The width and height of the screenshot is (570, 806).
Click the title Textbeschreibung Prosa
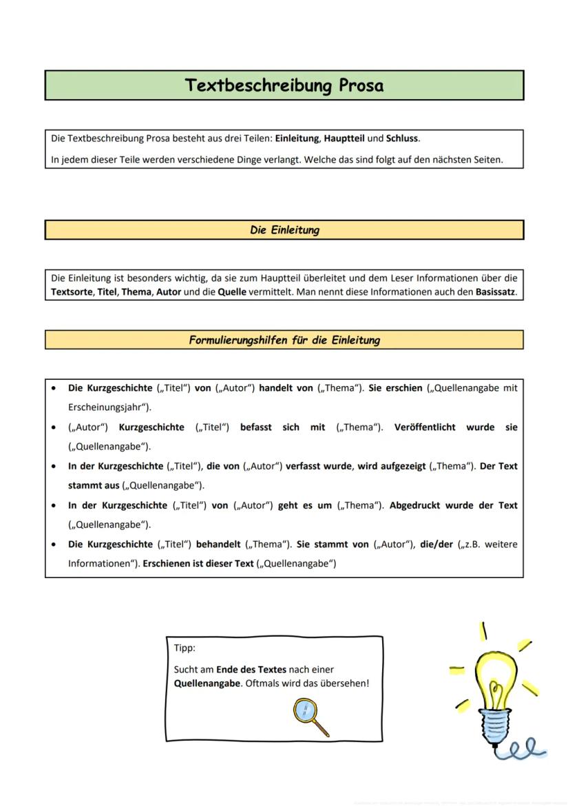pos(284,85)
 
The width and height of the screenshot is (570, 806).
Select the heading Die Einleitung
pos(284,230)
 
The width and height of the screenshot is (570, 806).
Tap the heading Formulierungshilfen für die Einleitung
pos(284,340)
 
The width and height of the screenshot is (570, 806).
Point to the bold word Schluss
pos(402,138)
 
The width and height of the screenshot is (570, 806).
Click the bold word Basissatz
pos(495,292)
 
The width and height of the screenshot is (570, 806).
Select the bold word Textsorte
pos(71,292)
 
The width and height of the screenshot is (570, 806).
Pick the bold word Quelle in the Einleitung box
pos(232,292)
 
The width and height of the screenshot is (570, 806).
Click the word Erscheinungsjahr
pos(107,407)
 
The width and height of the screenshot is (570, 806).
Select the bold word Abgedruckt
pos(414,505)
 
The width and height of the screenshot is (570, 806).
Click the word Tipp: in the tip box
pos(184,648)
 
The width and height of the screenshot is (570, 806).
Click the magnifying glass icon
pos(310,716)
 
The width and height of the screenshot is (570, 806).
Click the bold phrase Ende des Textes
pos(251,669)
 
